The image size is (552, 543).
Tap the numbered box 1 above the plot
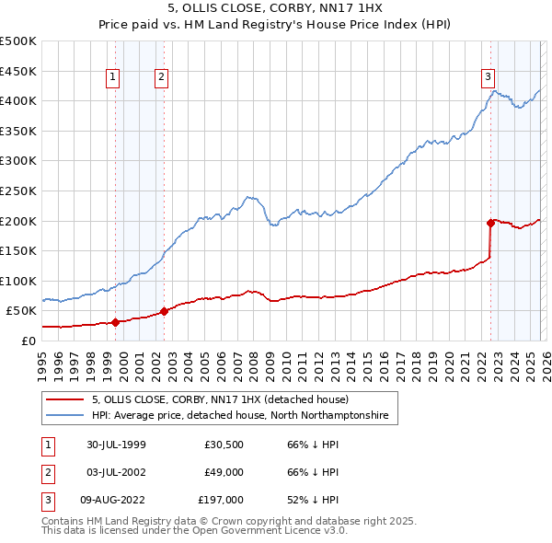tap(112, 77)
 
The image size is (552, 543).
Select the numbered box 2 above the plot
tap(161, 77)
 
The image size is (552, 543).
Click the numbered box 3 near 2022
tap(488, 77)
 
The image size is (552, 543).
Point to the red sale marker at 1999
tap(116, 322)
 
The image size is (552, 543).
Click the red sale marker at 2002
tap(164, 311)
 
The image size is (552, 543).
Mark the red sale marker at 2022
tap(490, 223)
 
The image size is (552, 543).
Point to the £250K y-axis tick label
tap(18, 191)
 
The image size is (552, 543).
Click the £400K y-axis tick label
tap(18, 100)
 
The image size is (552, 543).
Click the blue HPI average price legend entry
tap(240, 416)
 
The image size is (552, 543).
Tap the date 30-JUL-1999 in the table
tap(115, 445)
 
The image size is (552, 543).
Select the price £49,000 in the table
tap(223, 472)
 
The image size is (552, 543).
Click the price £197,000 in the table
tap(220, 500)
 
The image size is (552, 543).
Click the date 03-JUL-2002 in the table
tap(115, 472)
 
